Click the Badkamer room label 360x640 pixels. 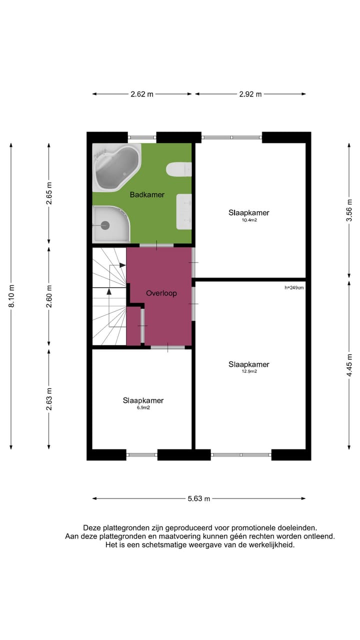[x=147, y=194]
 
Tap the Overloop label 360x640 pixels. [x=161, y=293]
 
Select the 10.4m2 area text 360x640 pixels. [x=249, y=219]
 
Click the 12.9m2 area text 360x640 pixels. [x=249, y=371]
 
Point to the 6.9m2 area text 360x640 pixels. [x=143, y=407]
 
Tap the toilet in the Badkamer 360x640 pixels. [x=179, y=170]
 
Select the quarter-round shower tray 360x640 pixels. [x=109, y=224]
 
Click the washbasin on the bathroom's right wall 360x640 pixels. [x=184, y=211]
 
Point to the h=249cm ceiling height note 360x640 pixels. [x=294, y=287]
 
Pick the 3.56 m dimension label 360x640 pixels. [x=349, y=210]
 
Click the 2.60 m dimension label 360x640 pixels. [x=49, y=296]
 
